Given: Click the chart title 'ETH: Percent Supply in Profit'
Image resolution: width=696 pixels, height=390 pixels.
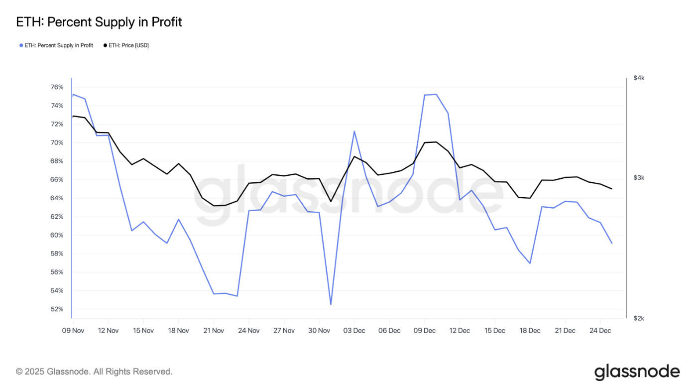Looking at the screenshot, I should (x=99, y=22).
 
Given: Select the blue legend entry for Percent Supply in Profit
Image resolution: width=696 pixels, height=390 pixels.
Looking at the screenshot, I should (x=56, y=45).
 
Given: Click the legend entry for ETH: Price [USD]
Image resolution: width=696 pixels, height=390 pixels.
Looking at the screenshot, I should (x=126, y=45).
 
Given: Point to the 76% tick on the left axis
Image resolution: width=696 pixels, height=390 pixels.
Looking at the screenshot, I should (x=57, y=87).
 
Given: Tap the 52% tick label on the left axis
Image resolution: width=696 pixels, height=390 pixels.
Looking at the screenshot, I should (x=57, y=309).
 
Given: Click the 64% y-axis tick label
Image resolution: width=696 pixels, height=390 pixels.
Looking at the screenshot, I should (x=57, y=198).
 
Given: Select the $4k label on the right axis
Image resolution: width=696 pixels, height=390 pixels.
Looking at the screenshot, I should (x=639, y=78).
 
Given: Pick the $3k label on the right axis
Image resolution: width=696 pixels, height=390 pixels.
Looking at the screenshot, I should (x=639, y=178).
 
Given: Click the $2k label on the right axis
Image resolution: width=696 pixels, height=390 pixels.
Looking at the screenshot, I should (x=639, y=318).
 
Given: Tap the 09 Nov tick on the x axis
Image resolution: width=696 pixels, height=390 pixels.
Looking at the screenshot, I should (x=73, y=330).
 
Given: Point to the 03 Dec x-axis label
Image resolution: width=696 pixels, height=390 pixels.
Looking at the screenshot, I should (x=354, y=330).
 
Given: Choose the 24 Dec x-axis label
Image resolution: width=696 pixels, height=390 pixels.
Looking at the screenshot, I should (x=600, y=330).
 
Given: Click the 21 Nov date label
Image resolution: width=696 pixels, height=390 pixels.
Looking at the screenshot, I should (x=213, y=330).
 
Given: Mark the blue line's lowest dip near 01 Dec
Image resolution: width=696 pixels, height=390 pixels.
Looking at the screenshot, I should (x=331, y=304).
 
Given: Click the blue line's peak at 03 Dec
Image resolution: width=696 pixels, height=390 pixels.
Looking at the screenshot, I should (x=354, y=131).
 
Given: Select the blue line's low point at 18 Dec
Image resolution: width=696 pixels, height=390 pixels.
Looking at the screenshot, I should (x=530, y=263).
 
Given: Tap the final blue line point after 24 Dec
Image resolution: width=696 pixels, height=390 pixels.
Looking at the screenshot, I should (x=612, y=243).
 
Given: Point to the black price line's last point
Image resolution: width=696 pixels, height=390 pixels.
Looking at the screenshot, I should (x=612, y=189).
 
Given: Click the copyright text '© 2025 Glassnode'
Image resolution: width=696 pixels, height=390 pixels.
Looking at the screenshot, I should (x=94, y=372).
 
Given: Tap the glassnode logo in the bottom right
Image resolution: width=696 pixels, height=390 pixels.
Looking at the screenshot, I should (x=637, y=372).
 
